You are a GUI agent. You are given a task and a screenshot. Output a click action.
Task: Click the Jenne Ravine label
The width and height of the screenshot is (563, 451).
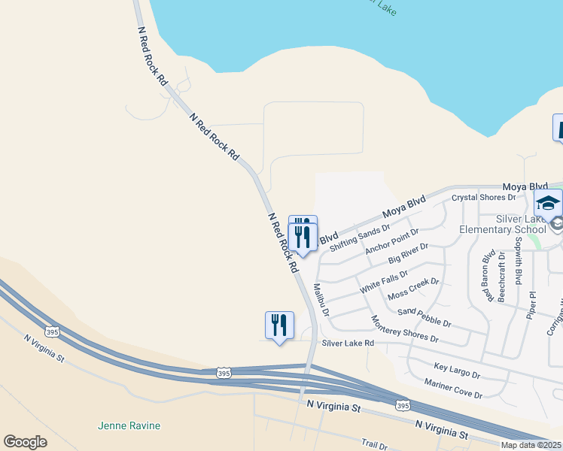[x=129, y=425]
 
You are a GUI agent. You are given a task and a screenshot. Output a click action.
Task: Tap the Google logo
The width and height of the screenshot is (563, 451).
[x=25, y=442]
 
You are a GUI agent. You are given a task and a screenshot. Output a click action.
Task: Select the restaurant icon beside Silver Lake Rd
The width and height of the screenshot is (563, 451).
[x=279, y=325]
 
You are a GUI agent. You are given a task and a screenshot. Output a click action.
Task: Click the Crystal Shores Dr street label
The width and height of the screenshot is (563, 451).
[x=483, y=198]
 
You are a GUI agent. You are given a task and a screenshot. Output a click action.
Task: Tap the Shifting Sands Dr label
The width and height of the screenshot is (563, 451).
[x=360, y=237]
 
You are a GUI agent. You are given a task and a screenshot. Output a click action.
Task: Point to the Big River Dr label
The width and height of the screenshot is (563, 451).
[x=408, y=253]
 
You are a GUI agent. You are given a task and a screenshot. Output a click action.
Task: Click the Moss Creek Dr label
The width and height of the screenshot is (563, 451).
[x=412, y=289]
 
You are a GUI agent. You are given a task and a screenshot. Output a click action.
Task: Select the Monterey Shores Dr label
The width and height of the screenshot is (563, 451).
[x=404, y=328]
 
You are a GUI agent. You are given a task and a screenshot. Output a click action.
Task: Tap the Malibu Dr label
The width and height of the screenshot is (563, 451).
[x=321, y=300]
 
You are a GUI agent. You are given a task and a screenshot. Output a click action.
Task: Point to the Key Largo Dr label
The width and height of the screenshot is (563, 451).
[x=457, y=370]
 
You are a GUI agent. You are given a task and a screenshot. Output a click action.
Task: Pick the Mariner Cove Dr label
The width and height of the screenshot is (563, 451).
[x=452, y=388]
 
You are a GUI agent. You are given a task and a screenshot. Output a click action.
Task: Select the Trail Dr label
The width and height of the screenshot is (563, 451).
[x=373, y=445]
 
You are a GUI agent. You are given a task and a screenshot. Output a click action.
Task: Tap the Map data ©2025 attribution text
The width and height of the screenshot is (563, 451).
[x=530, y=445]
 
